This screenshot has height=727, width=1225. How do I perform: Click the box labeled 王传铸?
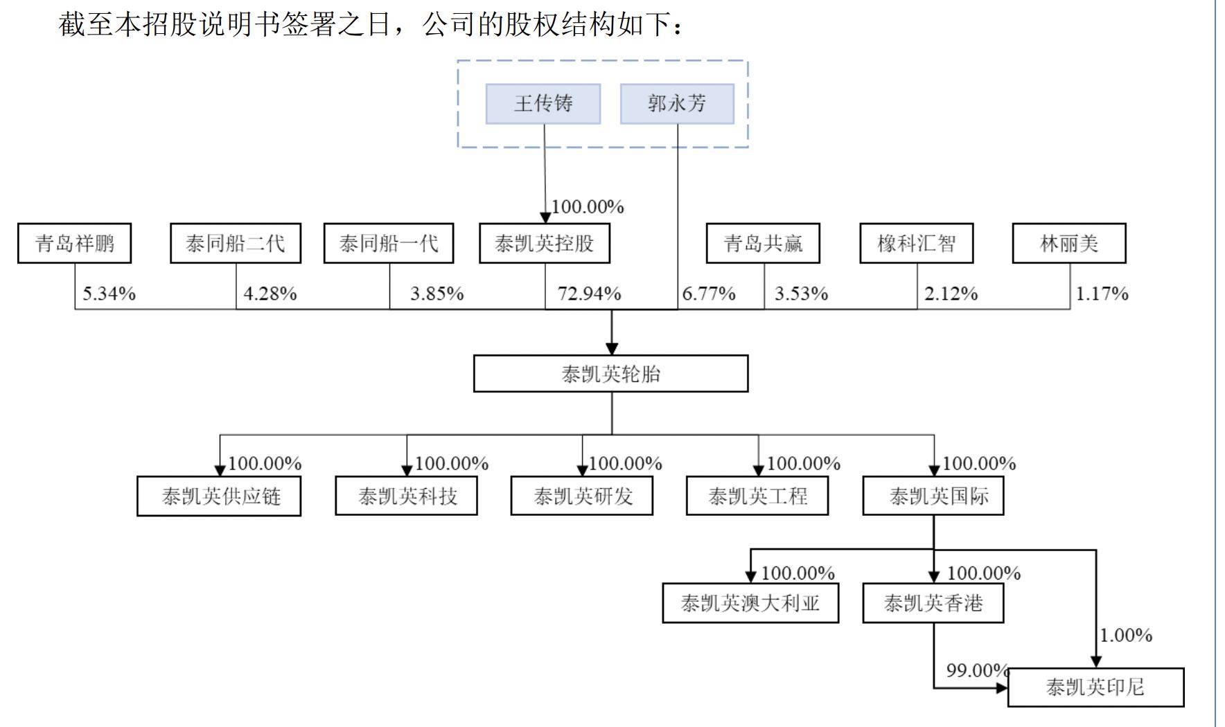(x=543, y=104)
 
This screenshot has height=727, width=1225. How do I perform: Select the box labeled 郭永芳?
(x=676, y=104)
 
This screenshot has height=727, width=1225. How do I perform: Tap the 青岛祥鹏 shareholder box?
(x=74, y=243)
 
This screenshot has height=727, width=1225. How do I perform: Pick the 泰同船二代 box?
(x=235, y=243)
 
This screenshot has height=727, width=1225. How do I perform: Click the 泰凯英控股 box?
(x=544, y=243)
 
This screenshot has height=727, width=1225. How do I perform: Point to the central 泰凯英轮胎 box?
(x=610, y=374)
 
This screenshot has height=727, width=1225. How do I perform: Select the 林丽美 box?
(x=1068, y=243)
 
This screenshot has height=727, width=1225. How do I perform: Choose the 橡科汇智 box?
(x=916, y=243)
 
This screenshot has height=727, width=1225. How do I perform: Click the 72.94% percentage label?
(x=589, y=294)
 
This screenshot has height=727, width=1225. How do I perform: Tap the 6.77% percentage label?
(x=708, y=294)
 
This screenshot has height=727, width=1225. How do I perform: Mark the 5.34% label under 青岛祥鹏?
(x=109, y=294)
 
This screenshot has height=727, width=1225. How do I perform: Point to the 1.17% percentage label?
(x=1101, y=294)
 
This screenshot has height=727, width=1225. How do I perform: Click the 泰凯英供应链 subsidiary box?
(x=219, y=496)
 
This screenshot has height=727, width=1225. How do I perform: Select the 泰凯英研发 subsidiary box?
(x=582, y=496)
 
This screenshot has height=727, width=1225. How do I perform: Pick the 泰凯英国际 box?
(x=933, y=496)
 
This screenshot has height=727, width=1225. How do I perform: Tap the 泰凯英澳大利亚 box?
(x=750, y=603)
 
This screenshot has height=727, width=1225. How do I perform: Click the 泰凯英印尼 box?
(x=1095, y=687)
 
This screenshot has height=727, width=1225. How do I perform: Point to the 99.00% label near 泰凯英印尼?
(x=976, y=670)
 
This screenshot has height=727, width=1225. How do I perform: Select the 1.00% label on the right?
(x=1125, y=635)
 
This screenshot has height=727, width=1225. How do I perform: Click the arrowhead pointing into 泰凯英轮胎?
(x=611, y=348)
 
